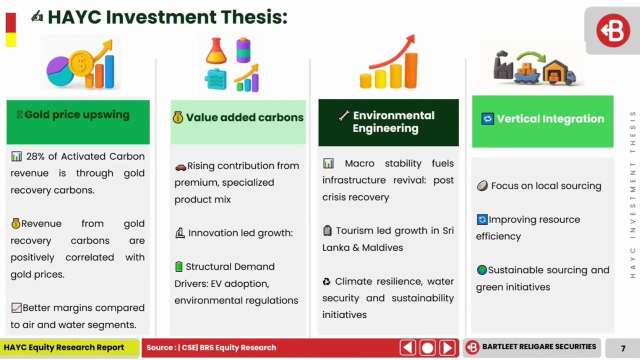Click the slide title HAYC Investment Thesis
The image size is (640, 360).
tap(167, 17)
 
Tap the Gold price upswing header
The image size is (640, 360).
tap(77, 114)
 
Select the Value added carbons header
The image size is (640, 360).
tap(244, 117)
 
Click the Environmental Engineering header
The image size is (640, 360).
tap(393, 121)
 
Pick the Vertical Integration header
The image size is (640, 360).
tap(550, 118)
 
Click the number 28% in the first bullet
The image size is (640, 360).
tap(35, 156)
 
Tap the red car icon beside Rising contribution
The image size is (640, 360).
tap(180, 167)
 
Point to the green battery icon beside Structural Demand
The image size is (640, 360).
tap(179, 266)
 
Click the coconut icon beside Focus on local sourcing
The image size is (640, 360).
tap(482, 186)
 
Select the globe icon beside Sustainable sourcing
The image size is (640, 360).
tap(482, 269)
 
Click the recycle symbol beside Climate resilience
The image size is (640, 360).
tap(326, 281)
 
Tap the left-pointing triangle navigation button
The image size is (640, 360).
tap(407, 347)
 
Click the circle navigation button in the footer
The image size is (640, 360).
tap(427, 347)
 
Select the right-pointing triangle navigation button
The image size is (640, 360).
tap(447, 347)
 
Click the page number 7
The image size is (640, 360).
tap(623, 348)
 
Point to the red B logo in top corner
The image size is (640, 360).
tap(613, 30)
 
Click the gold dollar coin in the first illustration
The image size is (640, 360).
tap(81, 63)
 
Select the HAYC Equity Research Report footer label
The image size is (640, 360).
tap(63, 347)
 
